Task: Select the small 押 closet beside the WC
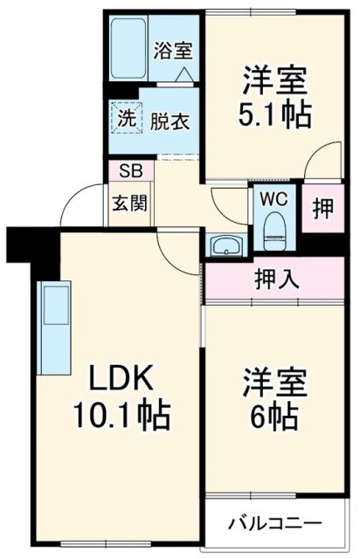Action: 322,210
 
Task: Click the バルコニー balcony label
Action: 275,524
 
